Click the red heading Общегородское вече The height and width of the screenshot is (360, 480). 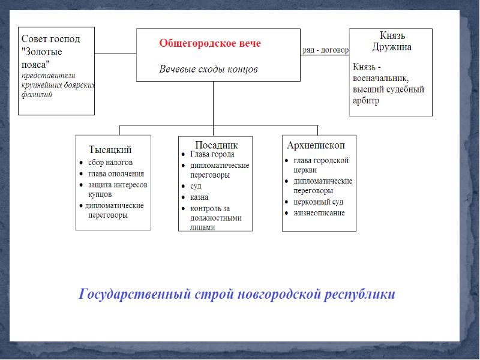(210, 44)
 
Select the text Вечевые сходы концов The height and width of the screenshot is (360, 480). (208, 69)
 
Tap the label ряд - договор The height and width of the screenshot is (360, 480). (325, 50)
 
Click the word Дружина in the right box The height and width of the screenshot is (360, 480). (391, 47)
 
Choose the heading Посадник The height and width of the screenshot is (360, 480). (216, 145)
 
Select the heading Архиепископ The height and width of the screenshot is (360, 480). (316, 145)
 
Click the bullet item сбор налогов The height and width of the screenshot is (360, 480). (110, 163)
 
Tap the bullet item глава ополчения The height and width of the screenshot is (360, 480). (116, 174)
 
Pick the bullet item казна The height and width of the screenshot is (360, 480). (199, 197)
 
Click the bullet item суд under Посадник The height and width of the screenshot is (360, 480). (196, 186)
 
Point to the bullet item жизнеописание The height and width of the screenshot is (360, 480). (319, 213)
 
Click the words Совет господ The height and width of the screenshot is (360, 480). (50, 39)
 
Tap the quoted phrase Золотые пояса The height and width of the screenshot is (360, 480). (42, 58)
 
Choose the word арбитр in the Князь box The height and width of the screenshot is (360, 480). (367, 101)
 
